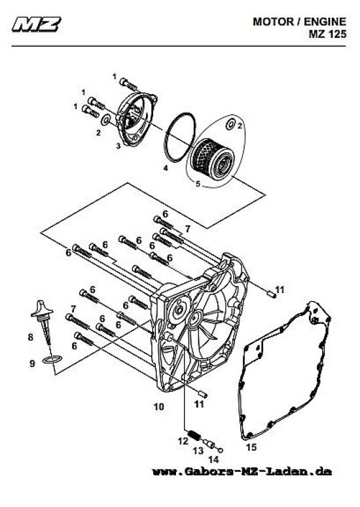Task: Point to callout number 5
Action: (198, 184)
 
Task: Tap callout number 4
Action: (166, 168)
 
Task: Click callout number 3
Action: (118, 147)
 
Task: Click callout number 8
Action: (30, 338)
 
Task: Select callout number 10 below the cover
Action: (158, 407)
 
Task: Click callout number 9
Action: (30, 362)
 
